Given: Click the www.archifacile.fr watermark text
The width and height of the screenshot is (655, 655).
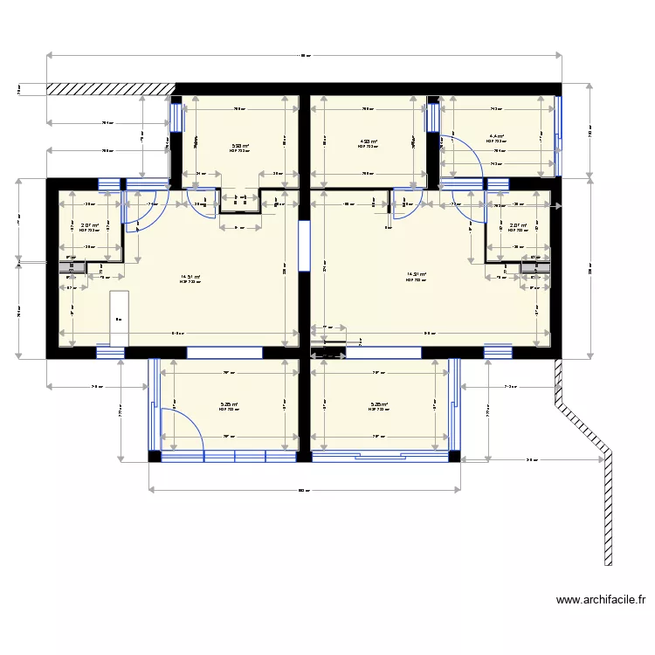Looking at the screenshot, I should click(x=600, y=600).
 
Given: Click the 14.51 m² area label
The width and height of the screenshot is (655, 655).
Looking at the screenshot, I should click(x=190, y=278).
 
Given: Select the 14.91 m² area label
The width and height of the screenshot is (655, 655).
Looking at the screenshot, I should click(x=417, y=276).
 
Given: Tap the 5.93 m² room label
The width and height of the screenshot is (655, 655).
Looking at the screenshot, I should click(x=239, y=147).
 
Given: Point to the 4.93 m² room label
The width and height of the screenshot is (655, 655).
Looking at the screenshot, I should click(x=368, y=143).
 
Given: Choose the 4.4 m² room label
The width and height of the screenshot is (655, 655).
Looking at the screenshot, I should click(x=496, y=137).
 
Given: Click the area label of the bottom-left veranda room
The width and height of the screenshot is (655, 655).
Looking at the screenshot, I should click(x=230, y=405).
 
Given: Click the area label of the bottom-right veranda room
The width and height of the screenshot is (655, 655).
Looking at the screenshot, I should click(x=379, y=405).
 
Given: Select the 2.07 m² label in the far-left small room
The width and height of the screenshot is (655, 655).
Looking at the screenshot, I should click(x=89, y=226).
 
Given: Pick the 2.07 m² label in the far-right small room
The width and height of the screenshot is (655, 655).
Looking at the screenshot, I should click(x=518, y=226).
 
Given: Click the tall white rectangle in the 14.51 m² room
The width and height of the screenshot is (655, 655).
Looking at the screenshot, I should click(x=119, y=318).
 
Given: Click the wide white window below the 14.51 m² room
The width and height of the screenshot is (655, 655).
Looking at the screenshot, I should click(x=224, y=352).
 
